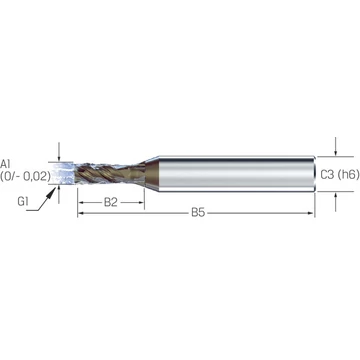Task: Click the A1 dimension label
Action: [6, 164]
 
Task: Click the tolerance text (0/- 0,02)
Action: [25, 175]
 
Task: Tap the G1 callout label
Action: [23, 202]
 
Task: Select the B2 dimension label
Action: [111, 202]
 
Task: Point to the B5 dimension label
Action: [198, 213]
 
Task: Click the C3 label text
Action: [327, 174]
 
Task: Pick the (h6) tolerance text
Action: [348, 174]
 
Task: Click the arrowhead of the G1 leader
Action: [52, 191]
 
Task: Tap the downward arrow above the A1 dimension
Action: [59, 152]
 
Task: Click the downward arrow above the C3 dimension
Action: [336, 146]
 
